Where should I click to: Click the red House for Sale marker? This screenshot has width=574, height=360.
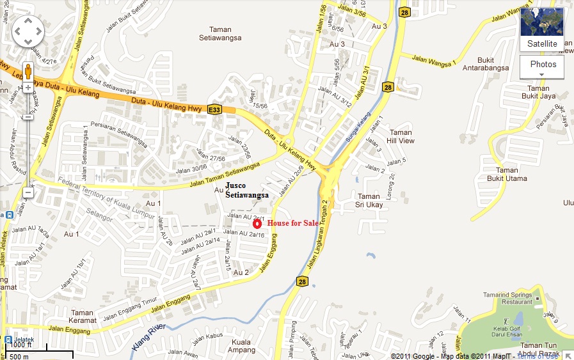[x=257, y=223]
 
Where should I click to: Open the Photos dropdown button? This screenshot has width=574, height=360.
[x=542, y=67]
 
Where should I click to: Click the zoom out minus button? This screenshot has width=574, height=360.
[x=28, y=192]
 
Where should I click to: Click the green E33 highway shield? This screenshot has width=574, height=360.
[x=214, y=110]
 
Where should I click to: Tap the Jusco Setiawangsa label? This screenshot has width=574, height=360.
[x=246, y=190]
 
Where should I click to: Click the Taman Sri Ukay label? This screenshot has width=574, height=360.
[x=369, y=201]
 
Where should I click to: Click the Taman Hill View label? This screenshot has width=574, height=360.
[x=401, y=136]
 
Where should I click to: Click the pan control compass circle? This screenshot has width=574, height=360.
[x=28, y=29]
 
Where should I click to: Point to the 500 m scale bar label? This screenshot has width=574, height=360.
[x=19, y=356]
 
